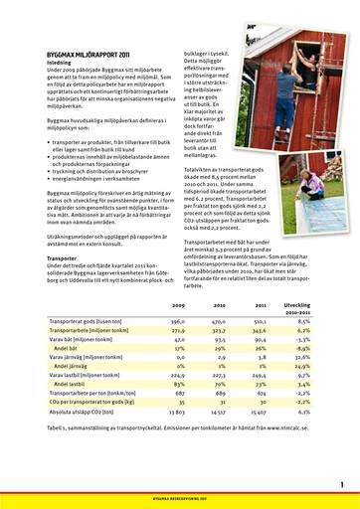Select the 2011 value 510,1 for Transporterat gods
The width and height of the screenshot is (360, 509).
[x=263, y=322]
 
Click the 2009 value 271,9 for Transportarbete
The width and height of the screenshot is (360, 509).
[x=178, y=331]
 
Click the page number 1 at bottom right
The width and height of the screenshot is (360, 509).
[x=341, y=484]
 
